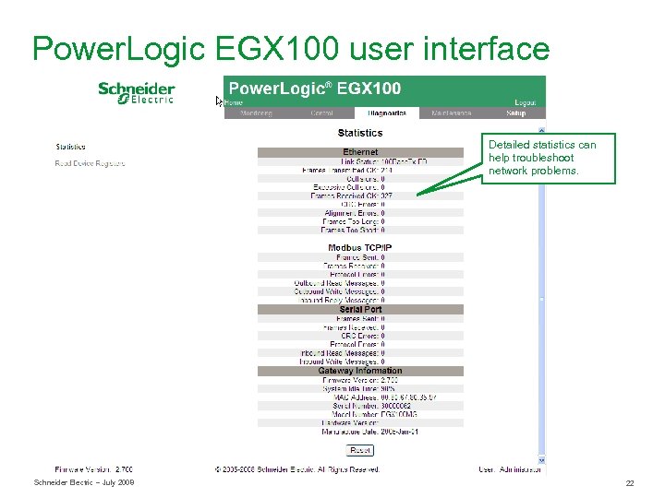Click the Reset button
[360, 450]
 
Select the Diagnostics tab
[386, 113]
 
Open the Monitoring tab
[256, 113]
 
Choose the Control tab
[321, 113]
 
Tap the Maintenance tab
[450, 113]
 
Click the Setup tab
[515, 113]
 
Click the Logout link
[525, 103]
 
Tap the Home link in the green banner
[234, 103]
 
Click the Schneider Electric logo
[137, 93]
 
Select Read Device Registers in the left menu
[90, 163]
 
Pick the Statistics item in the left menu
[70, 147]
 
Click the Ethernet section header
[360, 152]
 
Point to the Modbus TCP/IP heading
[360, 247]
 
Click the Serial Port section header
[360, 309]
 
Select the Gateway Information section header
[360, 371]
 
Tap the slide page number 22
[630, 483]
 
